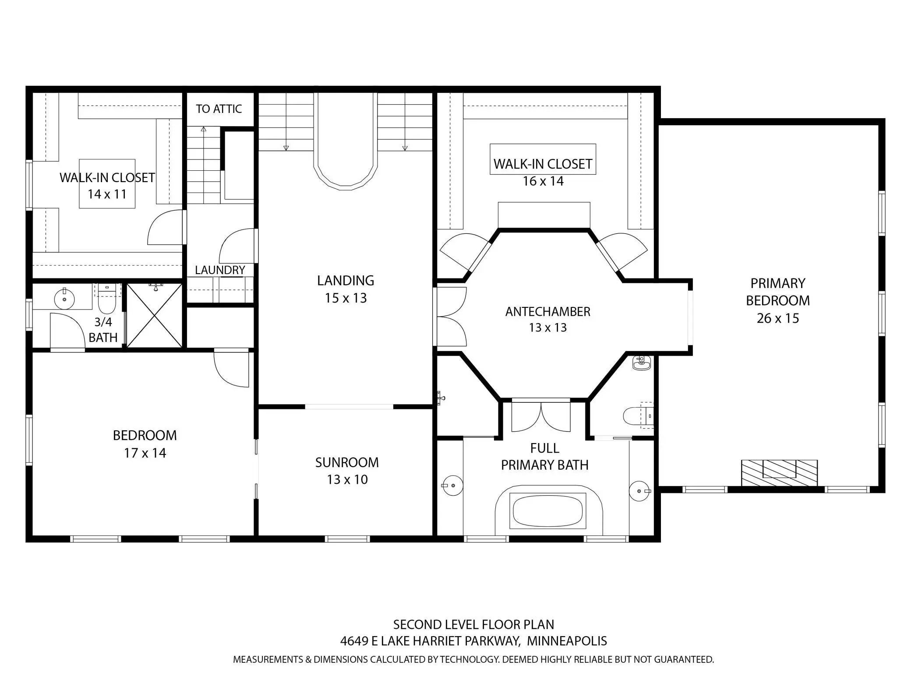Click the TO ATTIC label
[219, 109]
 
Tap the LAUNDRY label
[220, 270]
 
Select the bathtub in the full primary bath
[548, 510]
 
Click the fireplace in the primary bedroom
[779, 472]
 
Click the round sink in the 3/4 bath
[64, 299]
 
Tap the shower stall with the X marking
[154, 316]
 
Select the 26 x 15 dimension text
[778, 318]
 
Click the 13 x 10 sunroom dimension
[347, 479]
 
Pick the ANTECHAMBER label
[548, 312]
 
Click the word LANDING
[346, 280]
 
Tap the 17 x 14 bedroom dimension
[145, 453]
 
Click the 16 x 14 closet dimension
[543, 181]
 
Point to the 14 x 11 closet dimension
[107, 194]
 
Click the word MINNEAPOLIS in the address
[567, 641]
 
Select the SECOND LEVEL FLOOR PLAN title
[473, 624]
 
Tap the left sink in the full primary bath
[452, 485]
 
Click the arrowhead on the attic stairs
[204, 129]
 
